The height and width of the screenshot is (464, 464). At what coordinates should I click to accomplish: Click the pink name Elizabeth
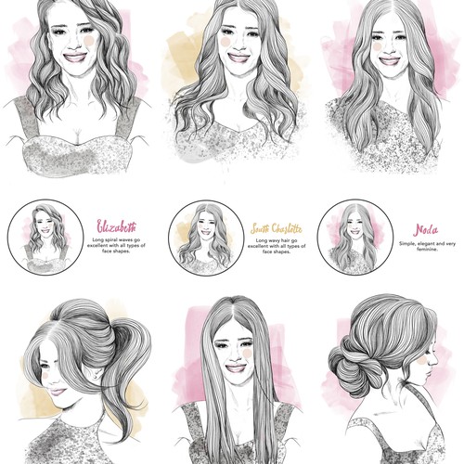click(116, 226)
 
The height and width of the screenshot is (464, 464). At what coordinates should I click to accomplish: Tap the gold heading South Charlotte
click(275, 227)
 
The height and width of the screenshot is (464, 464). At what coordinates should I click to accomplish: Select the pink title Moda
click(427, 229)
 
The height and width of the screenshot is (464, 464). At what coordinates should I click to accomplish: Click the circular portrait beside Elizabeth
click(45, 238)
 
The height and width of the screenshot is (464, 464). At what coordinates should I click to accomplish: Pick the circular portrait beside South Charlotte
click(206, 238)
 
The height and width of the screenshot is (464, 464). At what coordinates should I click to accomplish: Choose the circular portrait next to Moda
click(354, 238)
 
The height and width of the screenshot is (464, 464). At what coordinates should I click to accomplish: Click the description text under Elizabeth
click(117, 247)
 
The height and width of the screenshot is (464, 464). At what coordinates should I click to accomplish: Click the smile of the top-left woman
click(75, 57)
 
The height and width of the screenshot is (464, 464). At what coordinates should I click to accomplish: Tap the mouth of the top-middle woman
click(238, 58)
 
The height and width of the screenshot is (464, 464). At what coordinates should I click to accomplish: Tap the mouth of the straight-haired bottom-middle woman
click(236, 367)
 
